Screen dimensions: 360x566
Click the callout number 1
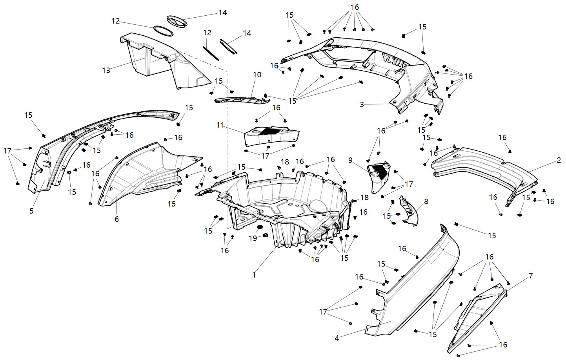click(x=254, y=275)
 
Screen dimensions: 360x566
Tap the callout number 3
click(x=362, y=104)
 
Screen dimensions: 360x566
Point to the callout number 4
click(x=337, y=338)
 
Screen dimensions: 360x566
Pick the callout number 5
click(x=31, y=211)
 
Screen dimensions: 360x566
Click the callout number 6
click(x=116, y=219)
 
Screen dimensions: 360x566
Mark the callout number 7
click(x=531, y=276)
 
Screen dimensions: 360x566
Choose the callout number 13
click(x=106, y=70)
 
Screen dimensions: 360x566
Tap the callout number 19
click(x=253, y=238)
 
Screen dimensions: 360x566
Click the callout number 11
click(x=220, y=125)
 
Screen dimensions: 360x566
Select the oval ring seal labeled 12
click(x=164, y=31)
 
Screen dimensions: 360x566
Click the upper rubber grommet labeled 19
click(x=259, y=228)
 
